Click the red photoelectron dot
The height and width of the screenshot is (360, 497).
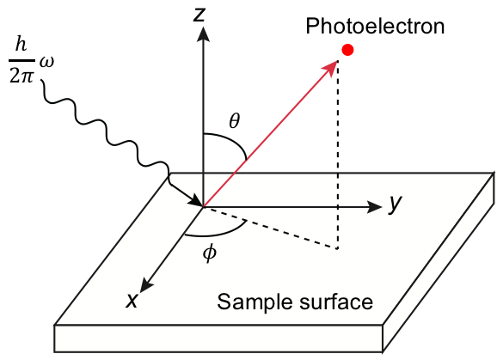pyautogui.click(x=347, y=50)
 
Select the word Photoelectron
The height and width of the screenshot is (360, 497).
pyautogui.click(x=375, y=26)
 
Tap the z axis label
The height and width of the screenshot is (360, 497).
pyautogui.click(x=200, y=15)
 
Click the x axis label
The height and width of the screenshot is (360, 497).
pyautogui.click(x=132, y=300)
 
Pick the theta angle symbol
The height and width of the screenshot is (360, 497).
pyautogui.click(x=235, y=120)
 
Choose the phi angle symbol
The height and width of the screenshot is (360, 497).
pyautogui.click(x=210, y=253)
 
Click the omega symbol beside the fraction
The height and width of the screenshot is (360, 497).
pyautogui.click(x=47, y=61)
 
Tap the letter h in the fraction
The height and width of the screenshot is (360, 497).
pyautogui.click(x=21, y=44)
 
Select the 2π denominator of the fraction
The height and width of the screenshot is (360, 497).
pyautogui.click(x=21, y=76)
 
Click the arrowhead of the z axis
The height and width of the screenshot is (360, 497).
pyautogui.click(x=203, y=34)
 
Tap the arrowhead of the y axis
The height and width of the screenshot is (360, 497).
pyautogui.click(x=374, y=207)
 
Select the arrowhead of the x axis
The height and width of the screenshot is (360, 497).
pyautogui.click(x=146, y=285)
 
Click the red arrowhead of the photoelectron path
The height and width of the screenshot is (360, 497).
pyautogui.click(x=329, y=68)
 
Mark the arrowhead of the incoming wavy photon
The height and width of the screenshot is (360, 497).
pyautogui.click(x=196, y=201)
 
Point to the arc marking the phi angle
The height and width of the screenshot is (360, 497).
pyautogui.click(x=218, y=234)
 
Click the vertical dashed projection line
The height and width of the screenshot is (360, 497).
pyautogui.click(x=338, y=154)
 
